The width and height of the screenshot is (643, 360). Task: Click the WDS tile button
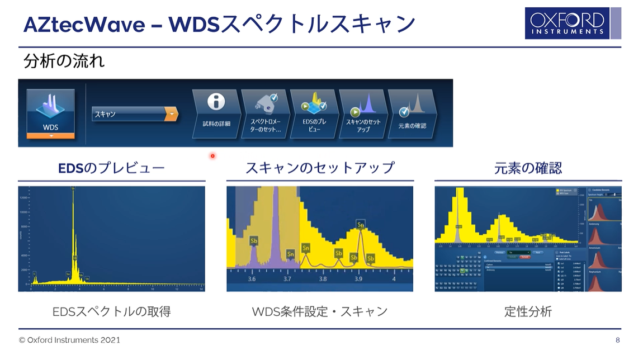click(x=50, y=113)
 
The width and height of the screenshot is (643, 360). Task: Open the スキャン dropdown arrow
click(x=172, y=114)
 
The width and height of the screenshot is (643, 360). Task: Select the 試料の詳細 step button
click(x=216, y=113)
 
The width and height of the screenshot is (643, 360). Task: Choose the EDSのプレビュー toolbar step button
click(x=314, y=113)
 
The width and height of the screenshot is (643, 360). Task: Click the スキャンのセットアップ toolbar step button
click(x=363, y=113)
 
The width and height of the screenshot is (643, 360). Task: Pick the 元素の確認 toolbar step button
click(x=412, y=113)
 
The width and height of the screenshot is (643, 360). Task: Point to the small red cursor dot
click(x=212, y=156)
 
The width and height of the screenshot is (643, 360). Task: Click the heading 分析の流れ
click(x=64, y=61)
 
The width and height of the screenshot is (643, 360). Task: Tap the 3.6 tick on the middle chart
click(x=252, y=278)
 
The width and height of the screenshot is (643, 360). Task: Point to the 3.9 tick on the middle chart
click(x=358, y=278)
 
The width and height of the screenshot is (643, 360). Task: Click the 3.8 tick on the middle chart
click(x=323, y=278)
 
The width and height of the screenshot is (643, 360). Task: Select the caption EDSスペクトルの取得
click(x=111, y=311)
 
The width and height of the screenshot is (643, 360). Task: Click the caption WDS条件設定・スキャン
click(x=320, y=311)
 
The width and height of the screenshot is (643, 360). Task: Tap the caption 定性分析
click(x=528, y=311)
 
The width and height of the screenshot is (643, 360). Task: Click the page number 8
click(x=617, y=340)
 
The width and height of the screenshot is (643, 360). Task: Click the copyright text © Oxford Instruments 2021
click(x=69, y=340)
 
